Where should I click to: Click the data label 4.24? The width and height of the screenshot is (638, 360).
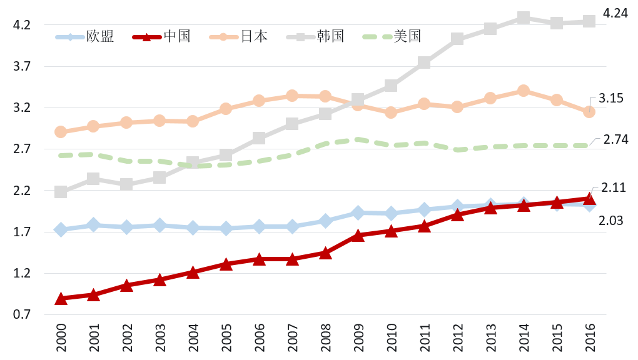(x=615, y=13)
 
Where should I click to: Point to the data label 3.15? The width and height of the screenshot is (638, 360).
(x=611, y=98)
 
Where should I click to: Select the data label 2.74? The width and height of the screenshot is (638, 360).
(x=615, y=140)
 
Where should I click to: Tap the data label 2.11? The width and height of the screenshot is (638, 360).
(x=614, y=187)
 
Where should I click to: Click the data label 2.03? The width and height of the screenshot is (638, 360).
(x=612, y=221)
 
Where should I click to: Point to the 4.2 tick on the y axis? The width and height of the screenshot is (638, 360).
(x=22, y=25)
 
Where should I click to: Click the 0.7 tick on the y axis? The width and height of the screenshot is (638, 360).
(x=22, y=314)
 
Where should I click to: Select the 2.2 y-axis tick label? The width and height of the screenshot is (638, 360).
(x=22, y=191)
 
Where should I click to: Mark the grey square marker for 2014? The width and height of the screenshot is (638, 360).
(x=524, y=17)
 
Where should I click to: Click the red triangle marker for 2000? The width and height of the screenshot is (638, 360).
(x=61, y=299)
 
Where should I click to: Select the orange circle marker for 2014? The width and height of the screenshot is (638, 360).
(x=524, y=91)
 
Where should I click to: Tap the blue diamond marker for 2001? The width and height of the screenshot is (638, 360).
(x=93, y=225)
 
